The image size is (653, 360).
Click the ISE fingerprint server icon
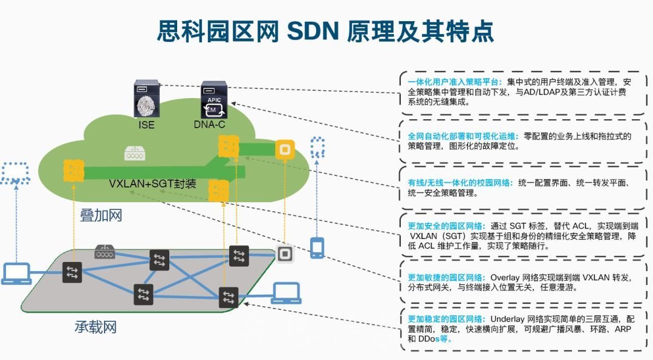coord(146,101)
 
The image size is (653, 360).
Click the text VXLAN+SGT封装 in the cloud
coord(152,183)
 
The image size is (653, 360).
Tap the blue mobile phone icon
coord(317,247)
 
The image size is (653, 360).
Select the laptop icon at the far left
coord(17,273)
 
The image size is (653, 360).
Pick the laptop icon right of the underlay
coord(287,293)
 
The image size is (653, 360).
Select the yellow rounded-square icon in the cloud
coord(284,149)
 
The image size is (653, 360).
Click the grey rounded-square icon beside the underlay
coord(284,254)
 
